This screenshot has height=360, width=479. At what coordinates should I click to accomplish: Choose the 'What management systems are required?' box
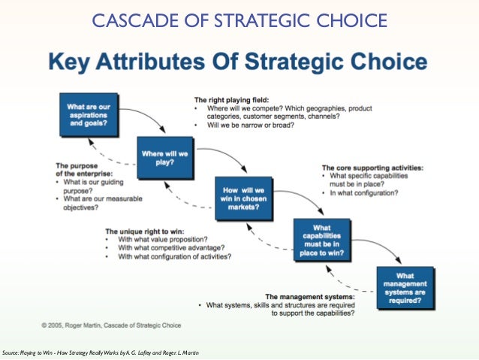click(405, 286)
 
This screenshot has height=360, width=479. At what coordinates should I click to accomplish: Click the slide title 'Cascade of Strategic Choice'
click(239, 19)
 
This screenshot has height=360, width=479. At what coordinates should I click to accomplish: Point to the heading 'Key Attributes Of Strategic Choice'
click(239, 61)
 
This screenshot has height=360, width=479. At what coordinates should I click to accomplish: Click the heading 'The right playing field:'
click(231, 99)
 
